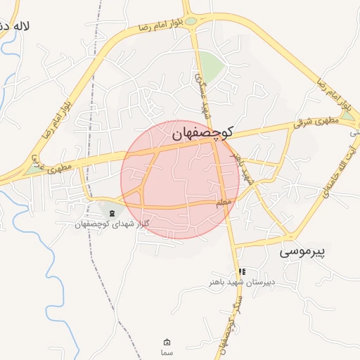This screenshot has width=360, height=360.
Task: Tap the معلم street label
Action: pyautogui.click(x=224, y=202)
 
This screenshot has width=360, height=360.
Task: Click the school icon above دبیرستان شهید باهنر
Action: pyautogui.click(x=242, y=271)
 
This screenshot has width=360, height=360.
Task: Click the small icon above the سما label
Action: pyautogui.click(x=167, y=342)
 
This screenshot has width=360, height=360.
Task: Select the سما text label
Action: pyautogui.click(x=167, y=352)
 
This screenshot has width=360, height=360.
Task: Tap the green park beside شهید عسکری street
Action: pyautogui.click(x=211, y=65)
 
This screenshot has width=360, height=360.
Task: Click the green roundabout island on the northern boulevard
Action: pyautogui.click(x=191, y=21)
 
